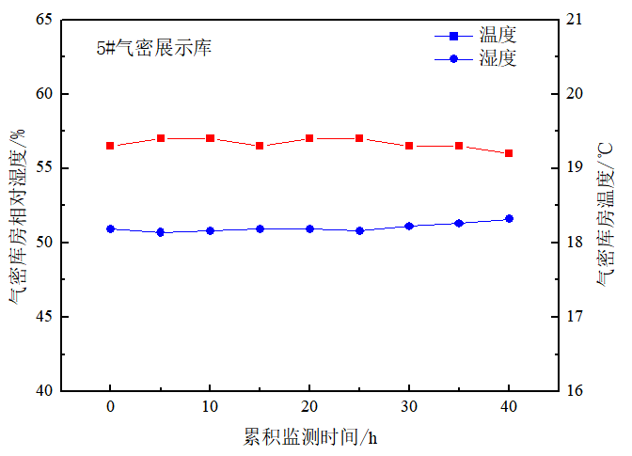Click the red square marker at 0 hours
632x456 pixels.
click(x=110, y=146)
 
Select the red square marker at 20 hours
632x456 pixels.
click(x=309, y=138)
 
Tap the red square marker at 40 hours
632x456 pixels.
click(x=509, y=153)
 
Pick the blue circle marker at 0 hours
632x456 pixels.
click(x=110, y=228)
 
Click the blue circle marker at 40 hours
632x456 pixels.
click(x=509, y=219)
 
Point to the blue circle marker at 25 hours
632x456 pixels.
click(x=359, y=230)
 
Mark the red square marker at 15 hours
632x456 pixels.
click(x=260, y=146)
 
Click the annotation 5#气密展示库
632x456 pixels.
click(x=153, y=48)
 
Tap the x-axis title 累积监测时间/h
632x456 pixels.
click(x=310, y=437)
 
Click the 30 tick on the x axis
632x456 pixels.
click(x=409, y=407)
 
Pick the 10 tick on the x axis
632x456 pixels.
click(x=210, y=407)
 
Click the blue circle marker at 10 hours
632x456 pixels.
click(x=210, y=230)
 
